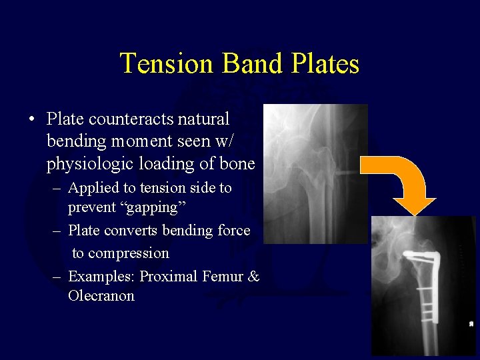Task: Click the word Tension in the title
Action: coord(167,64)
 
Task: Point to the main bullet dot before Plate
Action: coord(31,120)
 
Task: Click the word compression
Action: coord(121,253)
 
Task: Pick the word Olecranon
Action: coord(101,295)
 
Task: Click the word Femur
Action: coord(223,275)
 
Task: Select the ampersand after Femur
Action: coord(253,275)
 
